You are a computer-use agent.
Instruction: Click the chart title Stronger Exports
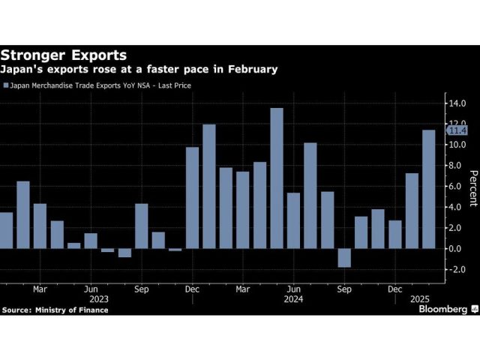click(63, 55)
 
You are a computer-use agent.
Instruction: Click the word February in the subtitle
click(247, 69)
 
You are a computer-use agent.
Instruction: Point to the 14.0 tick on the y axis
click(456, 103)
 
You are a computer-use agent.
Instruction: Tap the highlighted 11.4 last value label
click(456, 130)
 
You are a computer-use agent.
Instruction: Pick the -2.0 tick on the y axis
click(456, 269)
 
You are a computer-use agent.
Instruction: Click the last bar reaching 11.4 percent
click(429, 189)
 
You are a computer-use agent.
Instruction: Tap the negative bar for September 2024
click(344, 257)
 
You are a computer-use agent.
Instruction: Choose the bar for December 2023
click(192, 197)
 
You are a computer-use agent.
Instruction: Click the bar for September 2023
click(141, 226)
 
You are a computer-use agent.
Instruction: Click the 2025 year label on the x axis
click(412, 298)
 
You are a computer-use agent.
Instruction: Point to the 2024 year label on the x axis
click(294, 298)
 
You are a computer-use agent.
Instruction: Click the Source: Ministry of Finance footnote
click(55, 310)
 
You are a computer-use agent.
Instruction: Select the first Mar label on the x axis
click(40, 287)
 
